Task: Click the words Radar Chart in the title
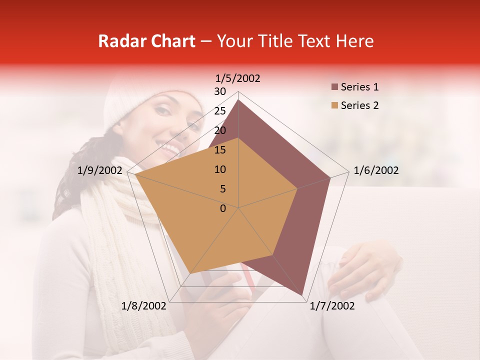146,41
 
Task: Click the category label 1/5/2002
238,78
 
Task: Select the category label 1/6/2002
376,170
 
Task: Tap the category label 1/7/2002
332,306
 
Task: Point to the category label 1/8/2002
144,306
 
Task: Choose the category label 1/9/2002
100,170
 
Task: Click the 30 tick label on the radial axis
219,91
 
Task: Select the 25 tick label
219,111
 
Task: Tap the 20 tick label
219,130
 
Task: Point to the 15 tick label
219,150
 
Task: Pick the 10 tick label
219,169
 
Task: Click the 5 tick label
222,189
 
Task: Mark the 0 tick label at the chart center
223,208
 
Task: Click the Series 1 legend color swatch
334,87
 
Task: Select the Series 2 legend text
359,105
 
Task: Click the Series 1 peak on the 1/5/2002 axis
238,99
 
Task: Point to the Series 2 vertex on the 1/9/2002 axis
135,174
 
